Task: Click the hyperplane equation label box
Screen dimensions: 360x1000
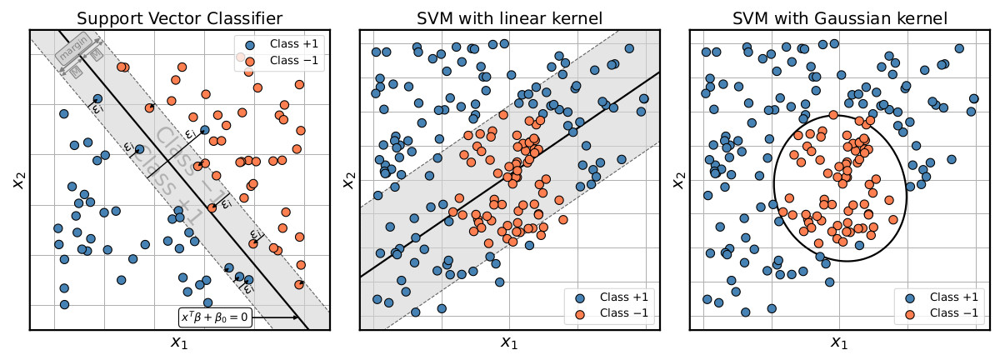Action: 215,317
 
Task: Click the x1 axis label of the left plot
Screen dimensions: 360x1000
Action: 180,342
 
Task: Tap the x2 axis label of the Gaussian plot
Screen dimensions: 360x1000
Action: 677,178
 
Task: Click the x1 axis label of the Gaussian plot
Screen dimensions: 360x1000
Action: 840,342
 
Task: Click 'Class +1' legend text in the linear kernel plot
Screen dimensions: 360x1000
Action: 623,297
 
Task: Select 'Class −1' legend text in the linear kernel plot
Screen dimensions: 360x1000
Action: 623,313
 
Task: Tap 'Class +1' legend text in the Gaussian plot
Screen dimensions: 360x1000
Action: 953,297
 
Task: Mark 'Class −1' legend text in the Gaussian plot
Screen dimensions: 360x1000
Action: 953,313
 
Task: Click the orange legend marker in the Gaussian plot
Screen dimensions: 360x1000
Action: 910,313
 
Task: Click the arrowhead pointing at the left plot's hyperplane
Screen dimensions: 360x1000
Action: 297,317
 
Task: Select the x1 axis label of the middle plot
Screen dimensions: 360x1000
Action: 510,342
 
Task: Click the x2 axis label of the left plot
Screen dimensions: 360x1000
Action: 17,178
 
